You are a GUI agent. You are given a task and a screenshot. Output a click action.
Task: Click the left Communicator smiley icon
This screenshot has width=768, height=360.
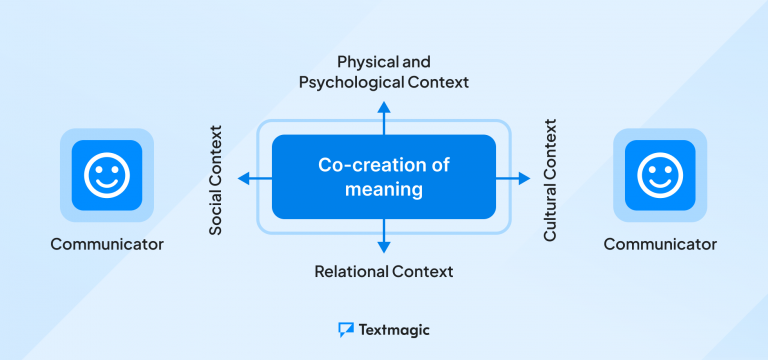tap(107, 176)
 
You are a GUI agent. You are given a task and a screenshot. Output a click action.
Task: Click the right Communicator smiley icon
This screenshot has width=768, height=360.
tap(660, 176)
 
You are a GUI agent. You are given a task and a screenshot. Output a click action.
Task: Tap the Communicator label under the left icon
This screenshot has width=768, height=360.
tap(107, 243)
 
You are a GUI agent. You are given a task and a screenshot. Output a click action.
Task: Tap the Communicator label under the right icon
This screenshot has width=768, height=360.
tap(660, 243)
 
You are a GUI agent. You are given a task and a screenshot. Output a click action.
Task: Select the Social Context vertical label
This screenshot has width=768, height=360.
tap(215, 180)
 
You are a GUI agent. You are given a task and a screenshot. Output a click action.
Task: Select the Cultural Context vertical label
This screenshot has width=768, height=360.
tap(550, 180)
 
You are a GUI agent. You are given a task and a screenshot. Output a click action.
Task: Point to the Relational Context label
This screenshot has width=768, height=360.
tap(384, 271)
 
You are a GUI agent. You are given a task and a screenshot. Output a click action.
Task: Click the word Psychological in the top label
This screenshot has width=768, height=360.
tap(351, 82)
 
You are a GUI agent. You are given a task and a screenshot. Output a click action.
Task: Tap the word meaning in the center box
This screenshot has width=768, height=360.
tap(384, 189)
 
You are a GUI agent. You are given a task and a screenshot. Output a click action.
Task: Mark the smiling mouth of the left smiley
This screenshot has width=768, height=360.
tap(107, 186)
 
